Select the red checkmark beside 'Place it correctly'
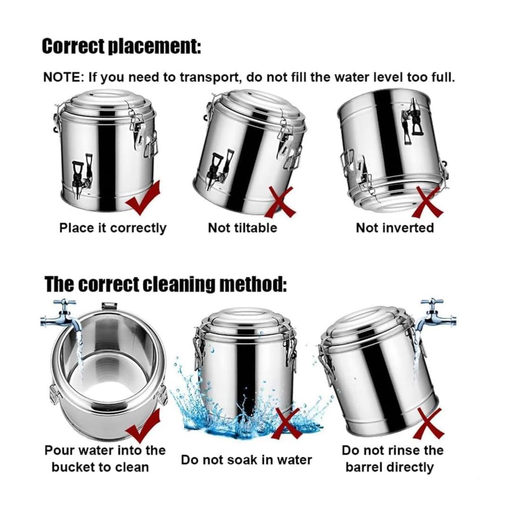pyautogui.click(x=143, y=197)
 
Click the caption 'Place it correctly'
pyautogui.click(x=113, y=228)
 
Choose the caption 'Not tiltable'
pyautogui.click(x=242, y=228)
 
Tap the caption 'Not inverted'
pyautogui.click(x=395, y=228)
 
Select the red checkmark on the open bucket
pyautogui.click(x=143, y=425)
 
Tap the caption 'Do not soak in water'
pyautogui.click(x=246, y=460)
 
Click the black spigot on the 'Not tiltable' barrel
pyautogui.click(x=221, y=169)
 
